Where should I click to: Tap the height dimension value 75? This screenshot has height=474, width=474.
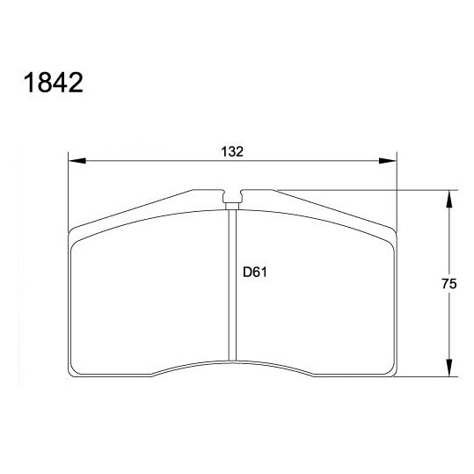point(448,283)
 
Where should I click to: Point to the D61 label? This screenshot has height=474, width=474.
point(254,273)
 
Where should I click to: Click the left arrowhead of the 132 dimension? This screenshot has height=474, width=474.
point(76,161)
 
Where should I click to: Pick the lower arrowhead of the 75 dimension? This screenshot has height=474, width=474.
point(449,369)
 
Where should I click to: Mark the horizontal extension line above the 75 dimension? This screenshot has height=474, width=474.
point(369,189)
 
